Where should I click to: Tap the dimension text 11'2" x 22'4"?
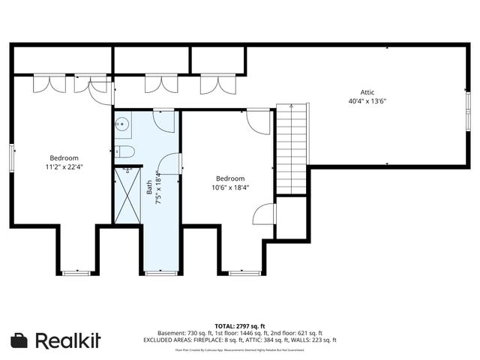pyautogui.click(x=64, y=167)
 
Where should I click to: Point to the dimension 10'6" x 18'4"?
pyautogui.click(x=230, y=187)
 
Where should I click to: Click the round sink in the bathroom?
pyautogui.click(x=122, y=124)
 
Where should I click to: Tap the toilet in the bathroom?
pyautogui.click(x=124, y=152)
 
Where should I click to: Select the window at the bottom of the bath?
pyautogui.click(x=160, y=273)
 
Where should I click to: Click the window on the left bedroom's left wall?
pyautogui.click(x=12, y=157)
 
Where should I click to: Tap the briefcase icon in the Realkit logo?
pyautogui.click(x=20, y=340)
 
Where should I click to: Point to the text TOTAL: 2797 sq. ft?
pyautogui.click(x=240, y=326)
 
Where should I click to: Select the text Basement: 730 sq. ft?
pyautogui.click(x=185, y=333)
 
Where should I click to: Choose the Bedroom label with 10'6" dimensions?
pyautogui.click(x=230, y=178)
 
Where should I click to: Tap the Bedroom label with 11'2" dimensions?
pyautogui.click(x=64, y=158)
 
